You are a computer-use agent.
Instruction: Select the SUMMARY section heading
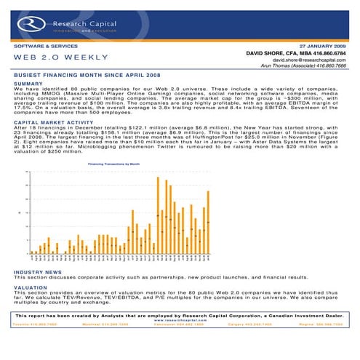point(28,84)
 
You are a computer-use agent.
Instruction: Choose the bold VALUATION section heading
point(32,287)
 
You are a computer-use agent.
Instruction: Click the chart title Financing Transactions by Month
point(113,165)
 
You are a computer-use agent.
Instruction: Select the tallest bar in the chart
point(159,215)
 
